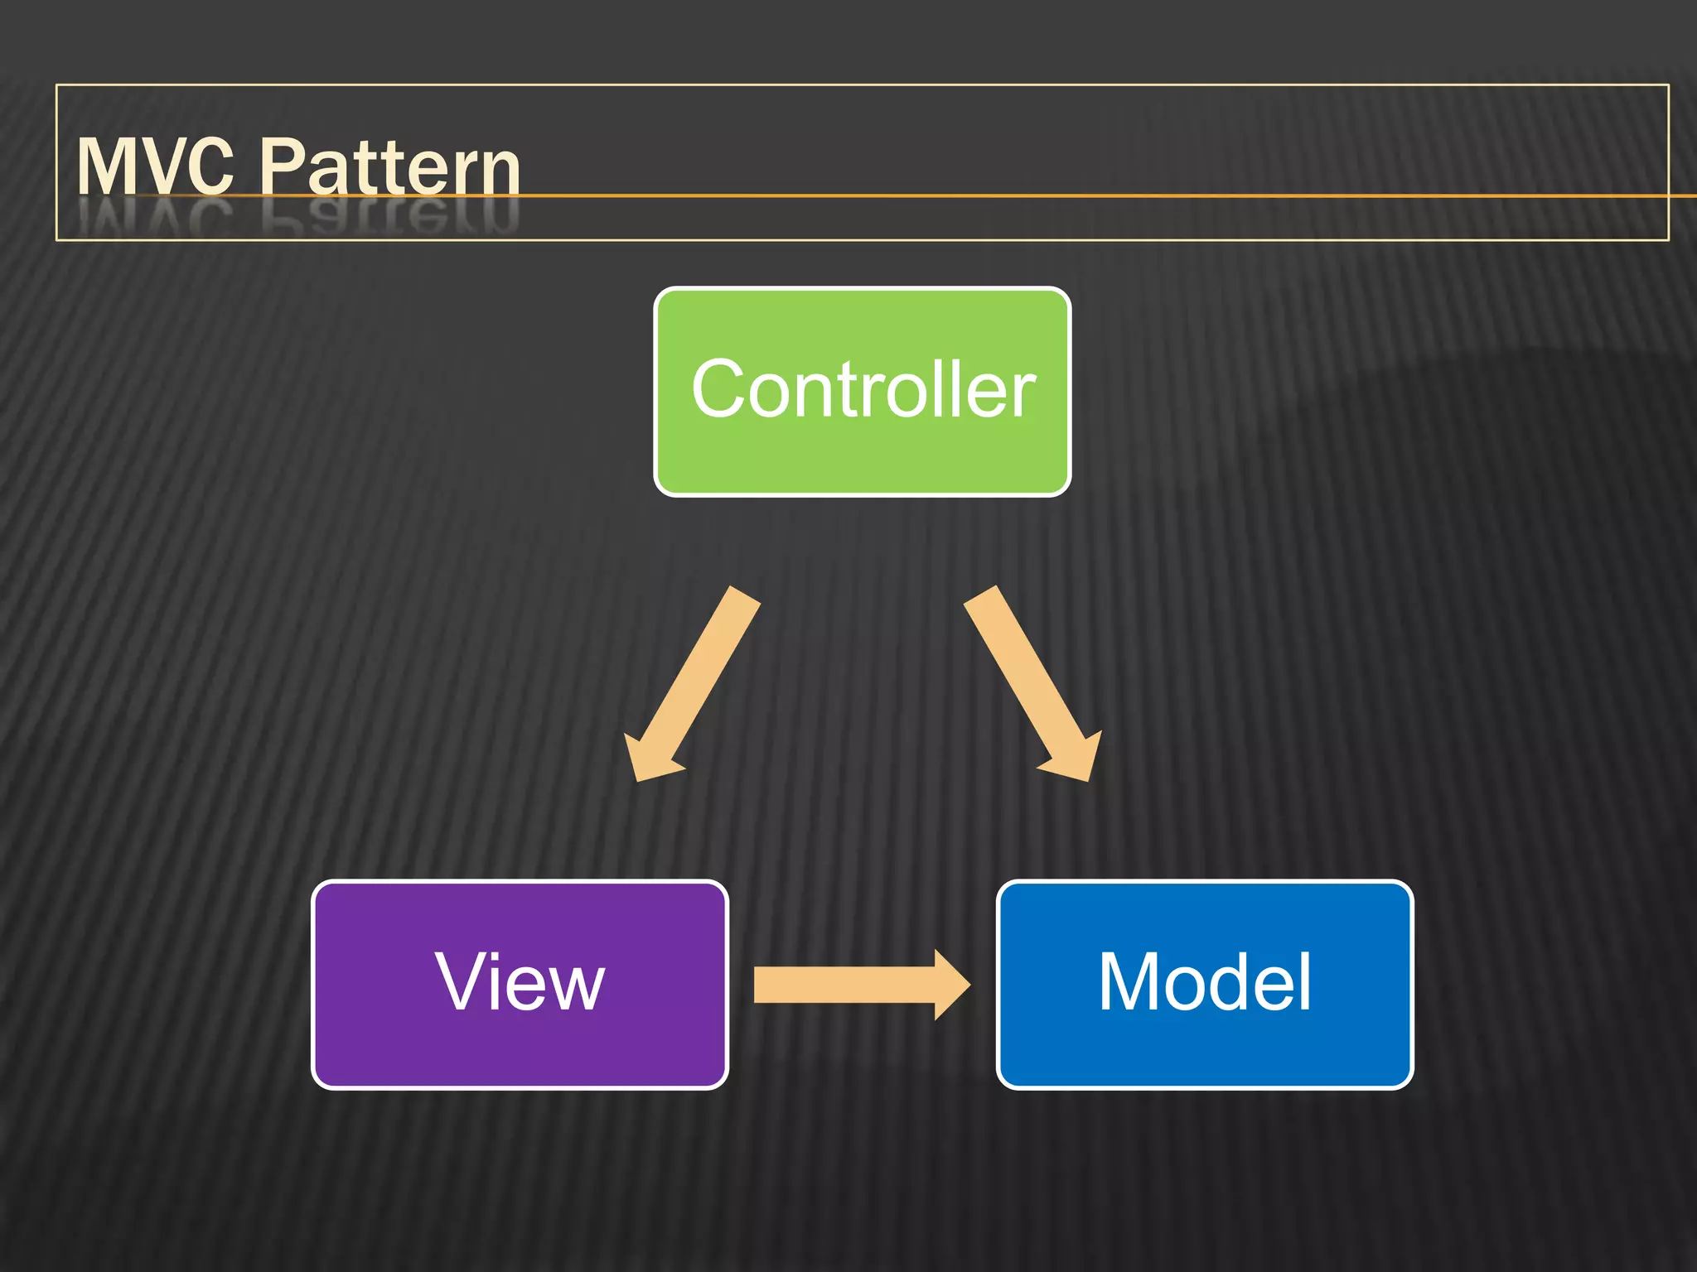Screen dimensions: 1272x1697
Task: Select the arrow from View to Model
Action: tap(845, 985)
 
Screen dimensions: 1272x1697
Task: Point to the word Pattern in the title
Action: tap(389, 167)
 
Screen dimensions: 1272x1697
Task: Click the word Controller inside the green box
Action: tap(863, 389)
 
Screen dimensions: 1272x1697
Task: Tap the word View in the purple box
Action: tap(520, 982)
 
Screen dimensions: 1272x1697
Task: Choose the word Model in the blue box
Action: tap(1205, 982)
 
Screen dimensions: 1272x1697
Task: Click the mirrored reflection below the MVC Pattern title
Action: tap(298, 217)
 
